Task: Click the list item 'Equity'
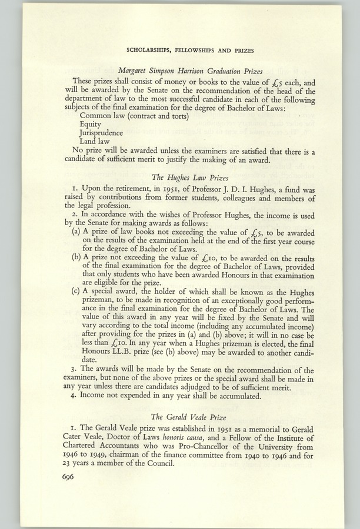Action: [91, 125]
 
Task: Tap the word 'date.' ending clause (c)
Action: [90, 359]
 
